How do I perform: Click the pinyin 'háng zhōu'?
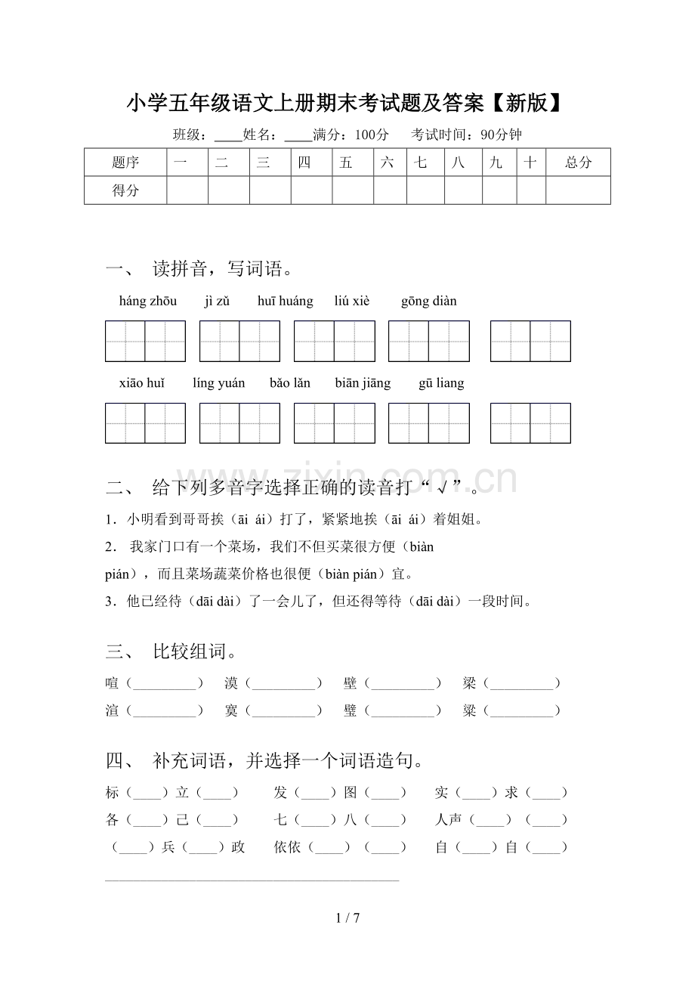point(148,302)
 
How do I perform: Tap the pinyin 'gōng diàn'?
point(428,302)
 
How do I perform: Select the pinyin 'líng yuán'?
point(218,383)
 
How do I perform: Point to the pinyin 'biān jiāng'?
point(363,383)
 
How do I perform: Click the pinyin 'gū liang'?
point(441,383)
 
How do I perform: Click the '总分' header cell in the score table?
point(578,162)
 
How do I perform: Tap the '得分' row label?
point(125,190)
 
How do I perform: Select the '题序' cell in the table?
point(125,162)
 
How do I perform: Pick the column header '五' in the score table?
point(346,162)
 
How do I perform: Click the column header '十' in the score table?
point(531,162)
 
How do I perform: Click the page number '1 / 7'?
point(347,918)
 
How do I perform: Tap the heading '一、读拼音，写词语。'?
point(199,268)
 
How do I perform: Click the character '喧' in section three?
point(113,683)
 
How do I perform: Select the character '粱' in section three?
point(470,710)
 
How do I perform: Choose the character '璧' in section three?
point(351,710)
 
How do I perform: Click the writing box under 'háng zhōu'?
point(145,342)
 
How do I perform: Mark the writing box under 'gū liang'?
point(530,423)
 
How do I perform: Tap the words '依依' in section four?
point(287,847)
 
